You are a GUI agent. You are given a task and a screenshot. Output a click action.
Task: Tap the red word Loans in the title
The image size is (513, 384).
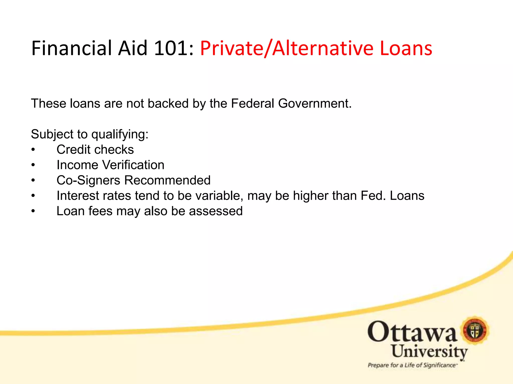click(406, 48)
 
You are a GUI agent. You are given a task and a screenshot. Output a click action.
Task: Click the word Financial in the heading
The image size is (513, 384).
click(72, 48)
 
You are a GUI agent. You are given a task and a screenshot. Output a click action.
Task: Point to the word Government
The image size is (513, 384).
click(315, 103)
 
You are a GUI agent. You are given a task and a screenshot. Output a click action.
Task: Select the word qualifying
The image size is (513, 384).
click(120, 134)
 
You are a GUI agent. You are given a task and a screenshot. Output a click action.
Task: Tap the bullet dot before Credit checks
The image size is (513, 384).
click(33, 150)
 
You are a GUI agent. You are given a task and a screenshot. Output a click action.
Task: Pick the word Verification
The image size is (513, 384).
click(134, 165)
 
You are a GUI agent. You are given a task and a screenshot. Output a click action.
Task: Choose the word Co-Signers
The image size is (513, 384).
click(88, 180)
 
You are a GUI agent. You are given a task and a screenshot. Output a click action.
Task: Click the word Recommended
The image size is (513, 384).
click(167, 180)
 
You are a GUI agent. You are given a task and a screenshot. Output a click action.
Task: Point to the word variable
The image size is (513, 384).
click(219, 196)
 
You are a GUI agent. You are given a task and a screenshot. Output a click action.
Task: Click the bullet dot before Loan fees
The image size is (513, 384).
click(33, 211)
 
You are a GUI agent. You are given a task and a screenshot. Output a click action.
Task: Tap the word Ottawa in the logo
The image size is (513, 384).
click(412, 332)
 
